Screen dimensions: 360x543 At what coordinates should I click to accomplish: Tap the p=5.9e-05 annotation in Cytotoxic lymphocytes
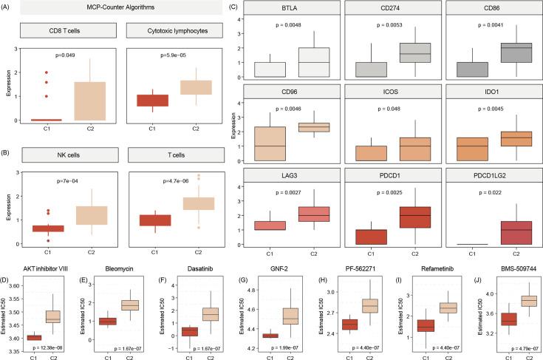173,54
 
